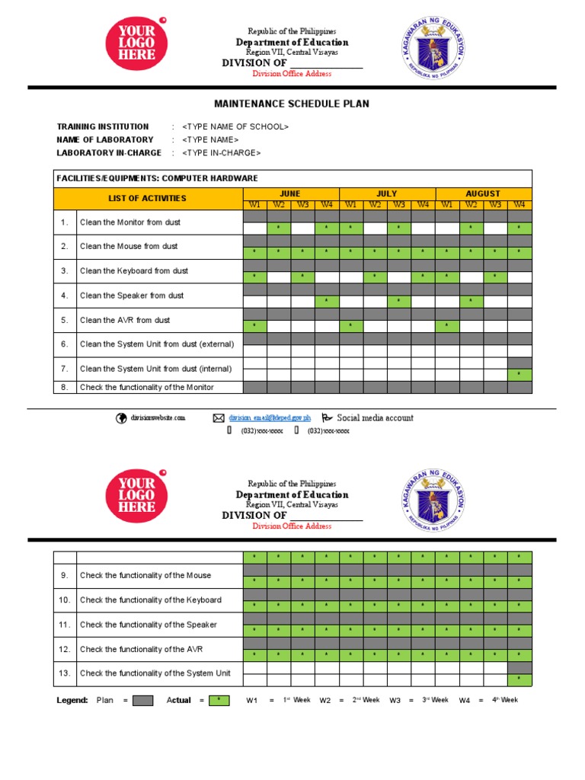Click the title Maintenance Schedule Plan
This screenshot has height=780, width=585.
(293, 104)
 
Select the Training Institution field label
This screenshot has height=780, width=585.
(103, 126)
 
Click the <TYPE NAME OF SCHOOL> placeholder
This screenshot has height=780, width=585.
(235, 126)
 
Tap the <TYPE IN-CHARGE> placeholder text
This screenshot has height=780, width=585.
(221, 152)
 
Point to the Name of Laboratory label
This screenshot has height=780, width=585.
(104, 139)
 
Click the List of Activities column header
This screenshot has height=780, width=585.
(148, 198)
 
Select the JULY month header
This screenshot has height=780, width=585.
(387, 193)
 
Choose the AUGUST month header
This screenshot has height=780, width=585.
(483, 193)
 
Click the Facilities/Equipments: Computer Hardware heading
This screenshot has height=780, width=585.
(157, 178)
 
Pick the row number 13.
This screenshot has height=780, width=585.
(65, 673)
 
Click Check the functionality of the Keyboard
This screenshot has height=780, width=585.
(151, 600)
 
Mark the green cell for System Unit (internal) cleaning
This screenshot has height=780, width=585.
(519, 375)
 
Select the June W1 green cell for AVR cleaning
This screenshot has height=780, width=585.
(255, 326)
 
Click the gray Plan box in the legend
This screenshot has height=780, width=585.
(143, 700)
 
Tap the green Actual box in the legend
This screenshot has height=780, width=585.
(219, 700)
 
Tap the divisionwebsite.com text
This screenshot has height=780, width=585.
(158, 418)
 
